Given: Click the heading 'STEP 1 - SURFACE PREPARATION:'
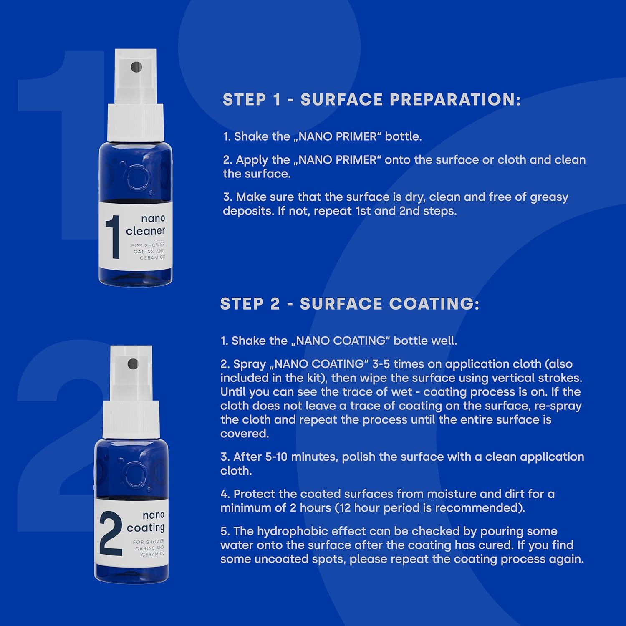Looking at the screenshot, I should pos(371,100).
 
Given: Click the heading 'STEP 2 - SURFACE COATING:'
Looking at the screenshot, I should pos(350,304).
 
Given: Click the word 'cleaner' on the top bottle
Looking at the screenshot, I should pos(145,231).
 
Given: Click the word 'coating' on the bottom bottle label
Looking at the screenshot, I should pos(145,528).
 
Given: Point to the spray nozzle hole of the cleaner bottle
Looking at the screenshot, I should pos(136,67).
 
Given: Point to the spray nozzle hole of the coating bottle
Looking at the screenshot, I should pos(133,364).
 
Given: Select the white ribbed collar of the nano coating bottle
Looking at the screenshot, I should pos(131,419).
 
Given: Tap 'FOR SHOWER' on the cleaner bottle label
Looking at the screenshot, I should pos(148,245).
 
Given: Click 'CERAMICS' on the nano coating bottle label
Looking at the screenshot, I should pos(153,554).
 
